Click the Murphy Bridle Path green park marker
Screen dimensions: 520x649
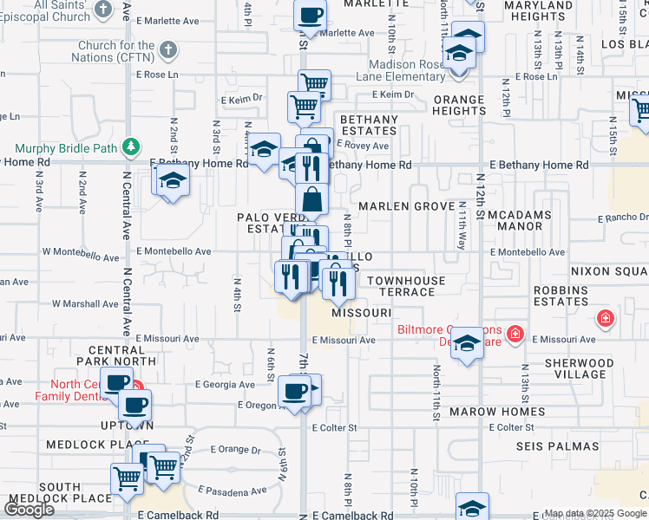131,147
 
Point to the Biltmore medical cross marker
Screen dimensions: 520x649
515,333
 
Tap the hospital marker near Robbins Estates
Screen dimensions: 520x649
606,318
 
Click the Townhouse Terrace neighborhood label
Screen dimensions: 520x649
406,286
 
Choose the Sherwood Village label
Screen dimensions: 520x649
577,368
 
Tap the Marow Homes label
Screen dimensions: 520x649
497,412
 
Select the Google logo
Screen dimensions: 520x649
29,509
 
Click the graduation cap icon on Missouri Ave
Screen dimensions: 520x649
467,344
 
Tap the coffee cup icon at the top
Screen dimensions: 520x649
310,14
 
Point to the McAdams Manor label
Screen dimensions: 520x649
527,220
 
